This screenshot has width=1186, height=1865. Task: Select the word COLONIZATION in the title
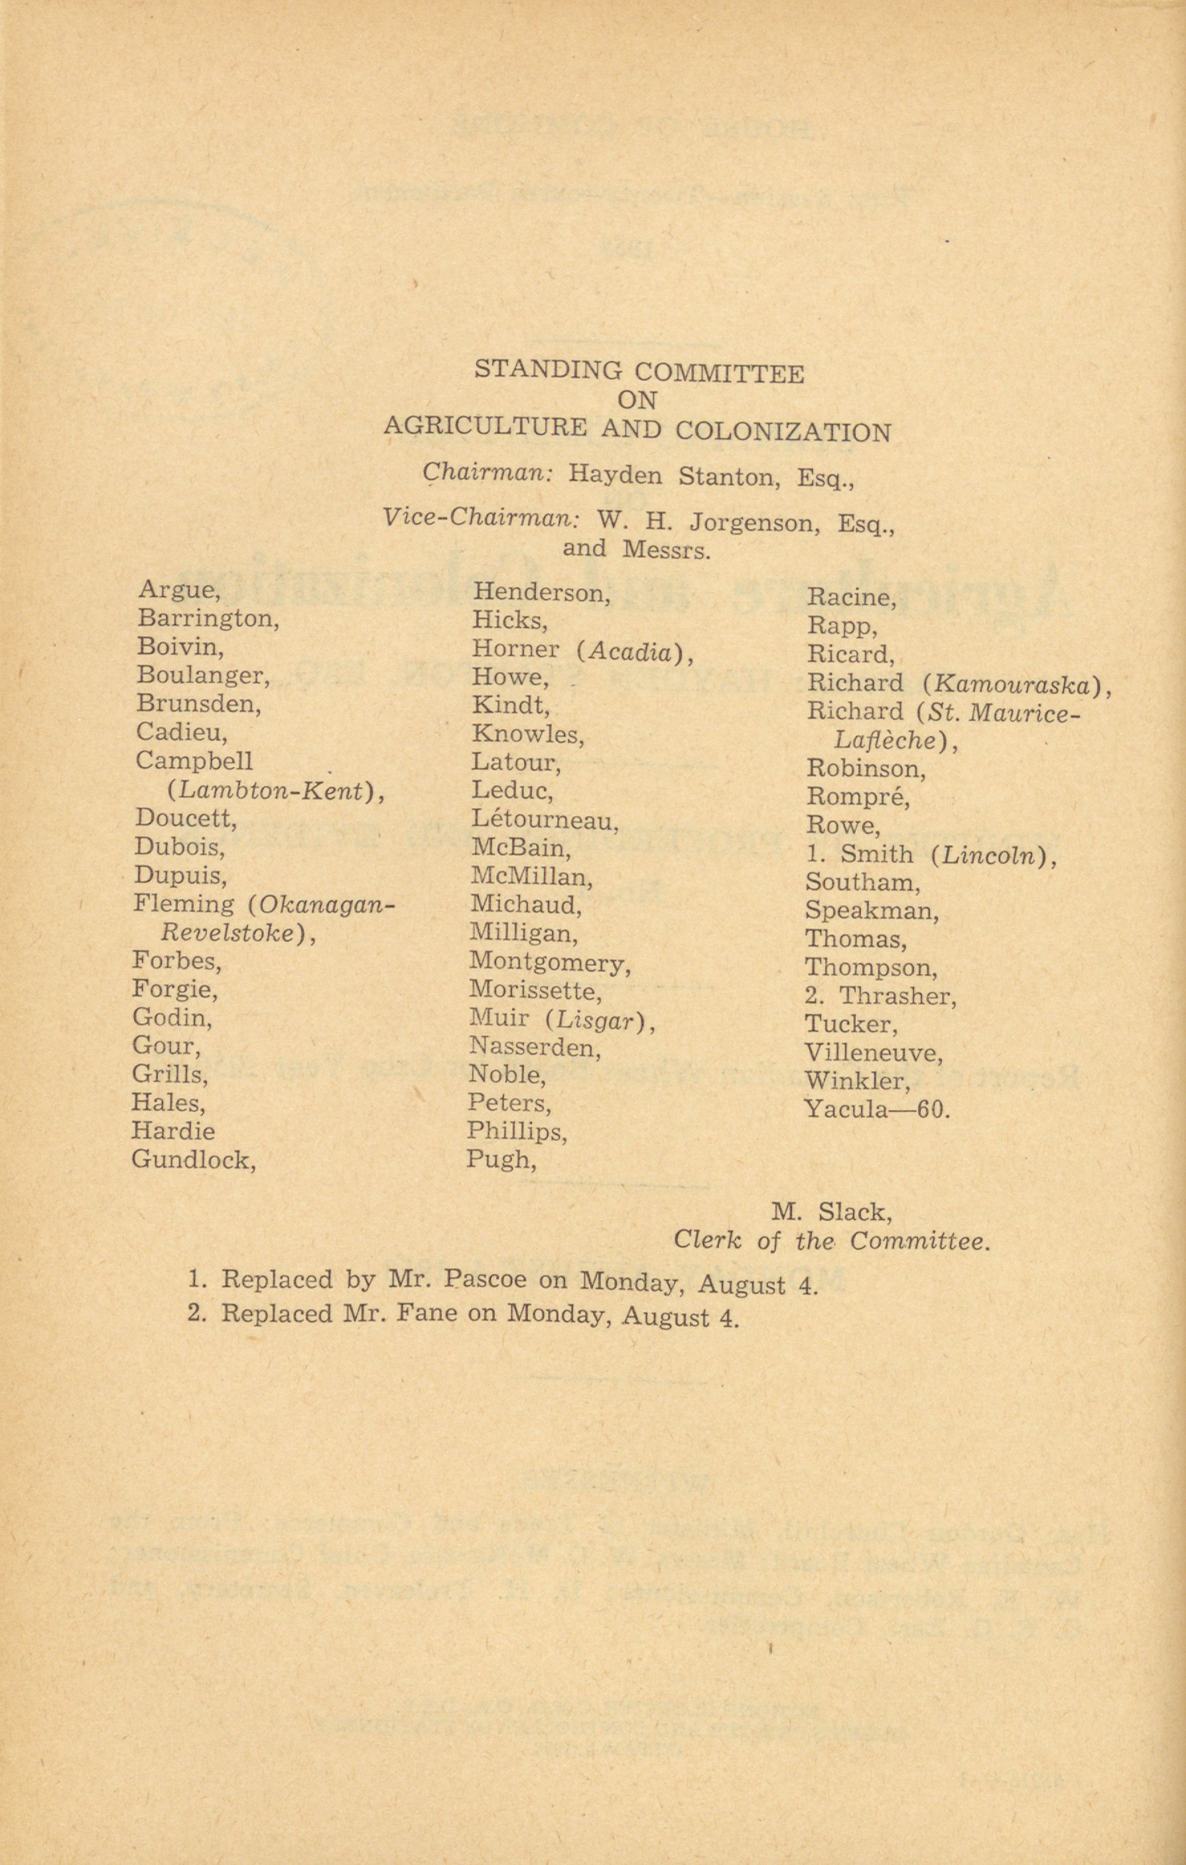click(x=783, y=431)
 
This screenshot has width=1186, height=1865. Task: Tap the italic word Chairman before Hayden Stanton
click(x=487, y=473)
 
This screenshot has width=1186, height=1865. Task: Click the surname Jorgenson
click(x=755, y=523)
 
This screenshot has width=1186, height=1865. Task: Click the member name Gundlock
click(x=193, y=1160)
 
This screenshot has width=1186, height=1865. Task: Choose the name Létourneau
click(x=544, y=820)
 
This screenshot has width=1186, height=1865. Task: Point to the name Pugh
click(x=500, y=1160)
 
